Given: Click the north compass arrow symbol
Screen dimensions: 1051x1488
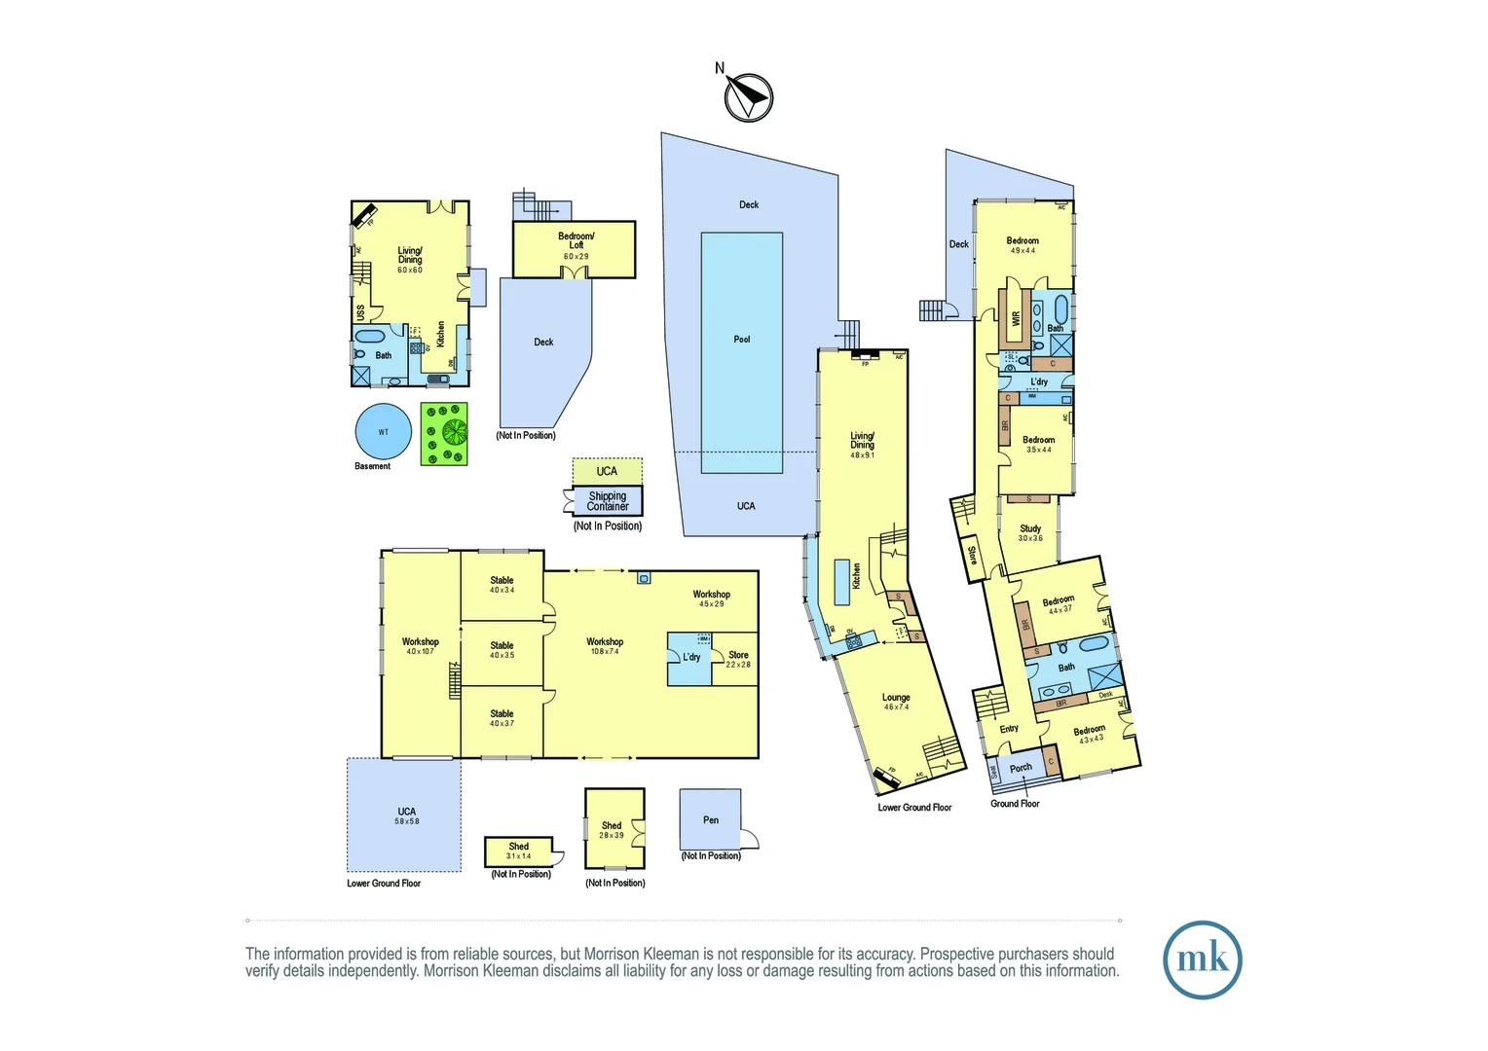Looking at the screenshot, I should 748,97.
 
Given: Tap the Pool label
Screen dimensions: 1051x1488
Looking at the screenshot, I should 742,340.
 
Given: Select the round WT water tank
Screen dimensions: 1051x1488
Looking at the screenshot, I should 384,431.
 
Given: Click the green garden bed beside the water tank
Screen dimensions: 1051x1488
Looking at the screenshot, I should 444,434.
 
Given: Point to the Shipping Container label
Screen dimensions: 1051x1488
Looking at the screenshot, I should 608,501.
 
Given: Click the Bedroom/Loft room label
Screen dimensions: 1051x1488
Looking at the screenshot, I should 576,241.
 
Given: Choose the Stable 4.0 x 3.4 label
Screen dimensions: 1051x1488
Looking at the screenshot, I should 502,585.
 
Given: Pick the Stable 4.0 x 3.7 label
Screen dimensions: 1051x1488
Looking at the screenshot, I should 502,718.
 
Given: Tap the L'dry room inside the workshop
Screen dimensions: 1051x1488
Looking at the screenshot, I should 690,658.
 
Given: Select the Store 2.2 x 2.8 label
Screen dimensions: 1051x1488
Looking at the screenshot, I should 738,659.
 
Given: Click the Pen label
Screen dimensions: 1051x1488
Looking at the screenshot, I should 711,820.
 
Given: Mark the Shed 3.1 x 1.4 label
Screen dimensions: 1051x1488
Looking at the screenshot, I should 519,851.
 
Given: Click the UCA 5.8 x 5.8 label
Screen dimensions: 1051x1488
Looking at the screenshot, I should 406,815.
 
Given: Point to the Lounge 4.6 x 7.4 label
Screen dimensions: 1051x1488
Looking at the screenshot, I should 896,702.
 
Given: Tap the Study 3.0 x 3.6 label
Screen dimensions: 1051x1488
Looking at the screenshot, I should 1030,532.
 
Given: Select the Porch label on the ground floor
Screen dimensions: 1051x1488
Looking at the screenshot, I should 1021,768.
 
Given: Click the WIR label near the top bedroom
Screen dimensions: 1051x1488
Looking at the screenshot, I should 1016,318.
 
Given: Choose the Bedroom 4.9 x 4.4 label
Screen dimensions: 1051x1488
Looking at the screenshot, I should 1023,245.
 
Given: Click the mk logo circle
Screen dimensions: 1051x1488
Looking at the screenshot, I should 1203,960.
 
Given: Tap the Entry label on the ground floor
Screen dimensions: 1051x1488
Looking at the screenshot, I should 1009,729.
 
